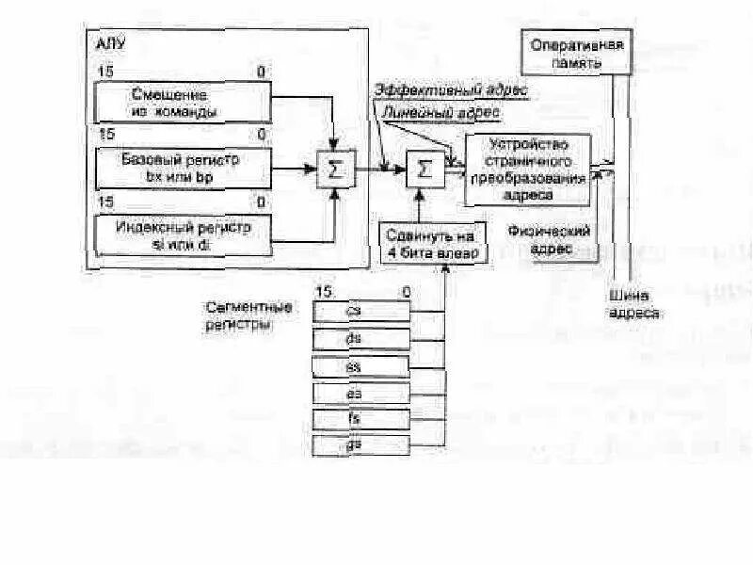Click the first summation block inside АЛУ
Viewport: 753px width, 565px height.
333,170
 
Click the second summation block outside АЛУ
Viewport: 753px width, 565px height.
425,170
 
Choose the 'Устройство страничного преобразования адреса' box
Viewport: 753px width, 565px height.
526,169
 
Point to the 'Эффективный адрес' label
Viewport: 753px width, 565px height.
451,90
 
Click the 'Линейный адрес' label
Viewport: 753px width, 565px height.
441,112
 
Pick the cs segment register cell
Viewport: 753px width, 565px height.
362,310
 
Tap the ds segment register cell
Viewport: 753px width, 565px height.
362,336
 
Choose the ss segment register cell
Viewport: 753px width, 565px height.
362,363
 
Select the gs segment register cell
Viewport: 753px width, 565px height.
362,443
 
